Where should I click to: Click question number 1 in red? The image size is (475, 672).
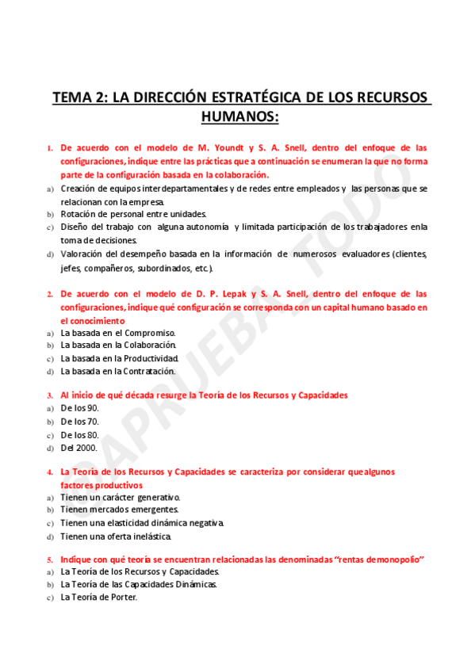(x=50, y=148)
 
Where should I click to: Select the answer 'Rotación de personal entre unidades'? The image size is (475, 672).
(x=133, y=214)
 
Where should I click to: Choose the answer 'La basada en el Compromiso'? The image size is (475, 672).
(x=118, y=333)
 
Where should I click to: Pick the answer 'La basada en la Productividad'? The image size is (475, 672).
(x=125, y=358)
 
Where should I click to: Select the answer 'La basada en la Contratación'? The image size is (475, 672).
(x=118, y=371)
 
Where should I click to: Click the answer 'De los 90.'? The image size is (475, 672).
(x=80, y=408)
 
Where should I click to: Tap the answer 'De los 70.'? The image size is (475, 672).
(x=80, y=422)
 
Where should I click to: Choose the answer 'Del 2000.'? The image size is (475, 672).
(x=79, y=447)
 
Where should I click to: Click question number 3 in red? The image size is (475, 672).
(x=50, y=395)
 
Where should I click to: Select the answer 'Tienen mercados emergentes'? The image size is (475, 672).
(x=120, y=510)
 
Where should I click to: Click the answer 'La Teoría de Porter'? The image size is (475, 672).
(x=99, y=598)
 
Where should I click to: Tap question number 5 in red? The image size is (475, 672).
(x=50, y=559)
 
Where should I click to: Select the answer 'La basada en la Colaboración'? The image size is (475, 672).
(x=119, y=346)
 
